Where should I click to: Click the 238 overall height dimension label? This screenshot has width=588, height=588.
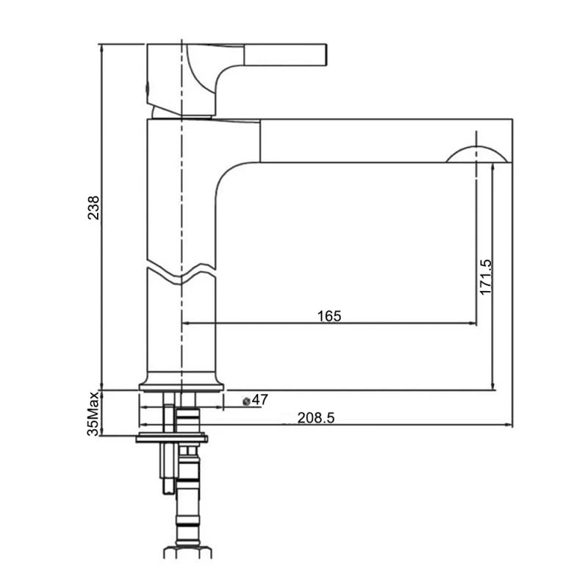(93, 209)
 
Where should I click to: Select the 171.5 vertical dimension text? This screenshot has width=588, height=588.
(485, 276)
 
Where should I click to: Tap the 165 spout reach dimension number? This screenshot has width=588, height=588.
(329, 316)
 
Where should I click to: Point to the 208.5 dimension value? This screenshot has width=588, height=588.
(316, 417)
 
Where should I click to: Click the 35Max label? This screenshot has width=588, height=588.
(93, 414)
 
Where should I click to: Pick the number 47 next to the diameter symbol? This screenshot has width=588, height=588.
(260, 400)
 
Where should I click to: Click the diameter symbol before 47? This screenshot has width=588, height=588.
(246, 401)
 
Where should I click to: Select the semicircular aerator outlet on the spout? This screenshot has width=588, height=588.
(476, 154)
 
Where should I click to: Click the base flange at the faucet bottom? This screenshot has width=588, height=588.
(181, 385)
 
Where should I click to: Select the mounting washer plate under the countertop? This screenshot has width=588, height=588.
(172, 440)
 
